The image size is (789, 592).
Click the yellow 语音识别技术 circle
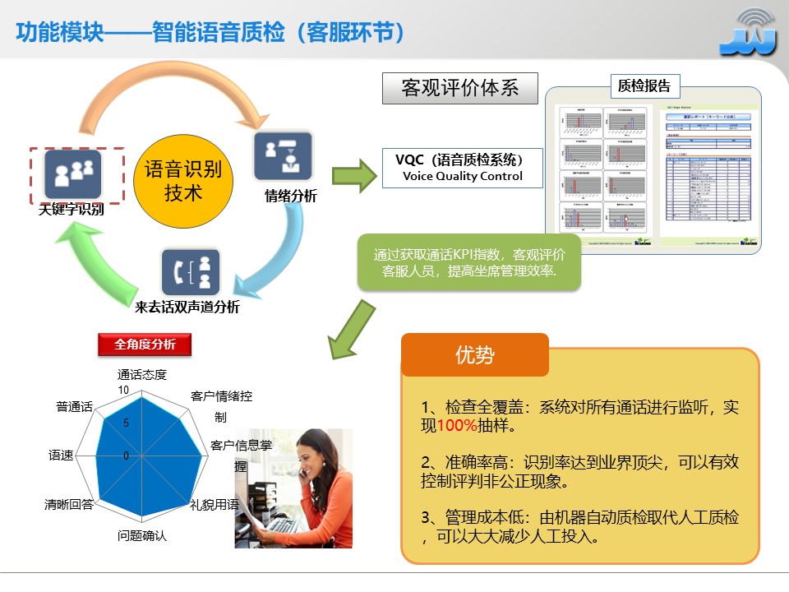pyautogui.click(x=183, y=181)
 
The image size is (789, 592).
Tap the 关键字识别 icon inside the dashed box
pyautogui.click(x=73, y=174)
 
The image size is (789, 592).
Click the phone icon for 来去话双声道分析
pyautogui.click(x=190, y=272)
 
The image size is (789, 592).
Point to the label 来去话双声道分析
pyautogui.click(x=187, y=308)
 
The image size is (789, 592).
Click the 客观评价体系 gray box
pyautogui.click(x=460, y=88)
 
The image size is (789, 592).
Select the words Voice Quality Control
pyautogui.click(x=462, y=176)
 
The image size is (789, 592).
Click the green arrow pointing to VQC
pyautogui.click(x=352, y=174)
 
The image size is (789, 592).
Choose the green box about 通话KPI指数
pyautogui.click(x=468, y=262)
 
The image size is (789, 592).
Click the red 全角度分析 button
pyautogui.click(x=145, y=345)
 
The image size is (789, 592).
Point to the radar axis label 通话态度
pyautogui.click(x=142, y=375)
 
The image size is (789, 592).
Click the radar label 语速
pyautogui.click(x=61, y=455)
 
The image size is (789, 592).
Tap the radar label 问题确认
pyautogui.click(x=142, y=536)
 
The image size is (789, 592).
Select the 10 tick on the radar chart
pyautogui.click(x=123, y=390)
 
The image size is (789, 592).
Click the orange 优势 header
pyautogui.click(x=474, y=355)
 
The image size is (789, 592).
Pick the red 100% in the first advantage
pyautogui.click(x=457, y=426)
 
